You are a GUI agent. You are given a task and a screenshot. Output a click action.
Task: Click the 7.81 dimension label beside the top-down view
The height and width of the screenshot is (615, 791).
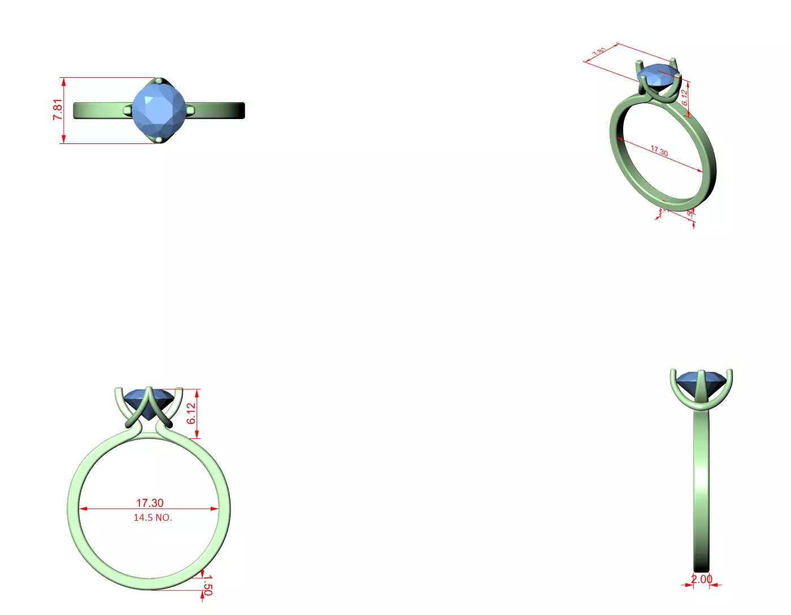[58, 109]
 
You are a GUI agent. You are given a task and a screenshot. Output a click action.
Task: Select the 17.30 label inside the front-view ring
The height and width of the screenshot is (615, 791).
[150, 503]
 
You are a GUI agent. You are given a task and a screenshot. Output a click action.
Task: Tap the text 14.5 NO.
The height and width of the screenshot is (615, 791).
[153, 517]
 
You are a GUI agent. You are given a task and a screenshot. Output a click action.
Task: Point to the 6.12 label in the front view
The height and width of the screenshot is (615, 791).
[192, 413]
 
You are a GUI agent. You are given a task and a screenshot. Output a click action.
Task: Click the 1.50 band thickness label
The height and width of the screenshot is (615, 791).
[207, 585]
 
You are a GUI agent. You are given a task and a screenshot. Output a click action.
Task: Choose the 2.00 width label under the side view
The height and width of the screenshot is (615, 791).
[702, 579]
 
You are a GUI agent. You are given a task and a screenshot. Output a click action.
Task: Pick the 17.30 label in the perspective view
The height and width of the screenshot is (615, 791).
[659, 151]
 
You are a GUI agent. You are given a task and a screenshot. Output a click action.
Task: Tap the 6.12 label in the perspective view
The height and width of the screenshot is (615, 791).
[685, 98]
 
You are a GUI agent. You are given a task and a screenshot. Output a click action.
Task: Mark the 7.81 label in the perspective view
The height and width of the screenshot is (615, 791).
[599, 51]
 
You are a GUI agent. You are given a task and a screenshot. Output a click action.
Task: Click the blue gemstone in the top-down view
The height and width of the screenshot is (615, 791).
[159, 110]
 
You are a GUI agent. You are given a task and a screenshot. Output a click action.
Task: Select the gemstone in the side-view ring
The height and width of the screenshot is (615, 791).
[701, 384]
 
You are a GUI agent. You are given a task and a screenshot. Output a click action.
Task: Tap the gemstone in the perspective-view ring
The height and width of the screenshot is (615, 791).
[658, 75]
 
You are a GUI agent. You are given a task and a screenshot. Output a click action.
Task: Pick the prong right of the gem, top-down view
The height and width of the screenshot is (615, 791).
[190, 110]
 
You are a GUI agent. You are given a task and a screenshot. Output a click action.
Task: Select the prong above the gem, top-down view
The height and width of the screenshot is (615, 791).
[159, 81]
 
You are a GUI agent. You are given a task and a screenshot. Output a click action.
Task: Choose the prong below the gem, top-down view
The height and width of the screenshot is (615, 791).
[159, 139]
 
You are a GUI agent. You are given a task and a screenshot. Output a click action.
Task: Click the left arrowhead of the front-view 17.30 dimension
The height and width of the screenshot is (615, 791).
[82, 509]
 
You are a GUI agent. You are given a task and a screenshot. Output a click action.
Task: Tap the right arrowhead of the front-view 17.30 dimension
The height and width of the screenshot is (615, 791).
[215, 509]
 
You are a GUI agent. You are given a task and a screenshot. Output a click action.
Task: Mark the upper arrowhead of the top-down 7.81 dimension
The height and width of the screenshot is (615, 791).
[64, 82]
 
